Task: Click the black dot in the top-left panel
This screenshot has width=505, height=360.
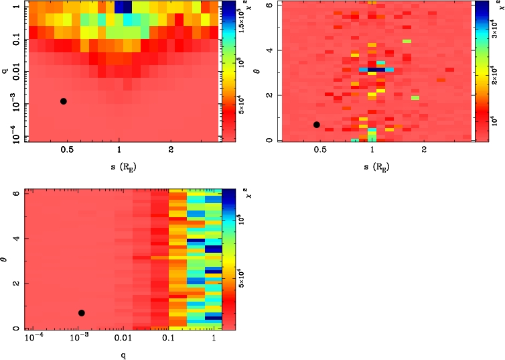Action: pos(64,101)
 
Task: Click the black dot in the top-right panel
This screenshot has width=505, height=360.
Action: pos(317,125)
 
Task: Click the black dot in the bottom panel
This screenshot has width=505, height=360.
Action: pos(82,313)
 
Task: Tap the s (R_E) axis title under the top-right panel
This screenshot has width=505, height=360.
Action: pos(373,165)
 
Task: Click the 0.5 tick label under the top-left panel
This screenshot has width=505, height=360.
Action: pos(67,150)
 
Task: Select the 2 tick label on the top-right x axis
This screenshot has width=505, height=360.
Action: pos(425,150)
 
